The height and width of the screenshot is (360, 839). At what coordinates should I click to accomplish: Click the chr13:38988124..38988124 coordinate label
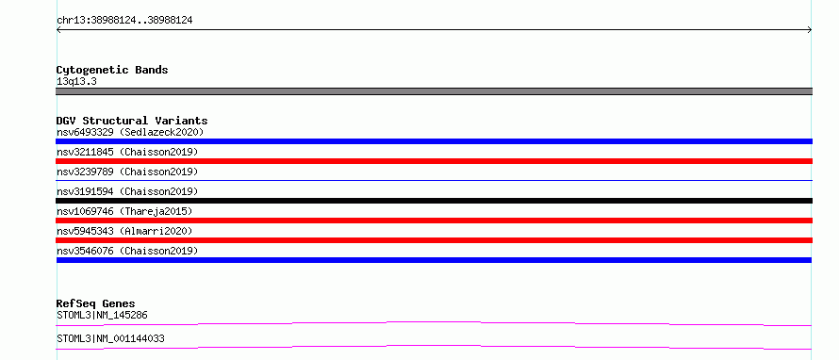pyautogui.click(x=124, y=21)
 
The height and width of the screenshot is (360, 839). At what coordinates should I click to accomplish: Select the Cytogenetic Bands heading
pyautogui.click(x=112, y=70)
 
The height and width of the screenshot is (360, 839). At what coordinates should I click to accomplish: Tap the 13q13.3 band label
pyautogui.click(x=76, y=82)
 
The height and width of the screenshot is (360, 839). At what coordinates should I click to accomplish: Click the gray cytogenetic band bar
pyautogui.click(x=434, y=91)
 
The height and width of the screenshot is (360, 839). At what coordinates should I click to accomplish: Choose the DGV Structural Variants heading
pyautogui.click(x=132, y=121)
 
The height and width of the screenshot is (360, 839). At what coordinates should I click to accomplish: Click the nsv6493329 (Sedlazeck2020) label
pyautogui.click(x=130, y=132)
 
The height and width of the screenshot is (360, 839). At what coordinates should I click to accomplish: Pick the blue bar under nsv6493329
pyautogui.click(x=434, y=141)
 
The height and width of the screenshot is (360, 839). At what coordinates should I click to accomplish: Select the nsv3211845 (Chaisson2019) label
pyautogui.click(x=127, y=152)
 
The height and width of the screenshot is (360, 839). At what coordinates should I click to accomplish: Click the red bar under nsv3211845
pyautogui.click(x=434, y=161)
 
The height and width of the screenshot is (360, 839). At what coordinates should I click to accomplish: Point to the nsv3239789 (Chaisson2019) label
pyautogui.click(x=127, y=172)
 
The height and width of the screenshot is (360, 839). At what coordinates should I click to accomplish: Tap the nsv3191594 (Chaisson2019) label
pyautogui.click(x=127, y=191)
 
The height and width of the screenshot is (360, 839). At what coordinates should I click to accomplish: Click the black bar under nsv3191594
pyautogui.click(x=434, y=201)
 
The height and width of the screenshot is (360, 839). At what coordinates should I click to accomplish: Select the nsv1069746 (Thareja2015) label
pyautogui.click(x=124, y=211)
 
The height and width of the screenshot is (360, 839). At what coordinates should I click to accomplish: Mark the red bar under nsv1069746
pyautogui.click(x=434, y=221)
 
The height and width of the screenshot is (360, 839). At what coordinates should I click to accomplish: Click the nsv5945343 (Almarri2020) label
pyautogui.click(x=124, y=231)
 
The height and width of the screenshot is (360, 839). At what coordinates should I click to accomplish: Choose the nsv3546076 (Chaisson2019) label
pyautogui.click(x=127, y=251)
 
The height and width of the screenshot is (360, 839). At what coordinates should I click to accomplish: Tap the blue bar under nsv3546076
pyautogui.click(x=434, y=260)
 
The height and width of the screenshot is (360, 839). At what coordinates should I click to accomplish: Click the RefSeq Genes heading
pyautogui.click(x=96, y=303)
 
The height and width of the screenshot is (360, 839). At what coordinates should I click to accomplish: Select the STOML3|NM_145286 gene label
pyautogui.click(x=102, y=315)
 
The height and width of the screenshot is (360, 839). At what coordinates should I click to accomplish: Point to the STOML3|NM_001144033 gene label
pyautogui.click(x=110, y=338)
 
